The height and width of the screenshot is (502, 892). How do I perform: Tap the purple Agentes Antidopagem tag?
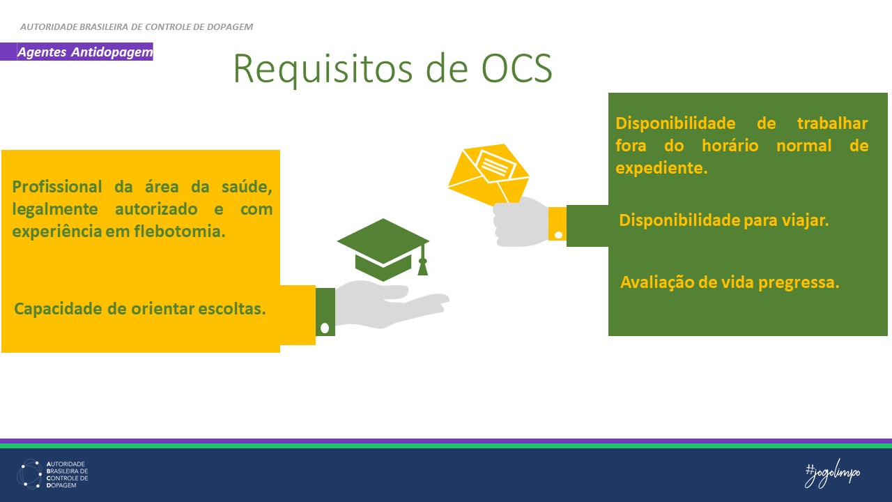(x=84, y=52)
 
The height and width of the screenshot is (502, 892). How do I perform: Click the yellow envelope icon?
(x=489, y=174)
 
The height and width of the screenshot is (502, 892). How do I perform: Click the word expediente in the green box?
(x=661, y=168)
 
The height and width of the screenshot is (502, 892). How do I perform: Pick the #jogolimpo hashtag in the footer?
(x=832, y=473)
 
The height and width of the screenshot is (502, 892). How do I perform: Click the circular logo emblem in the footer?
(x=29, y=474)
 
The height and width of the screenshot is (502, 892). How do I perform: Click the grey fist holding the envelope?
(x=520, y=222)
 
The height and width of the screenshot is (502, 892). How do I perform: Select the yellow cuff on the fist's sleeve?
(x=557, y=224)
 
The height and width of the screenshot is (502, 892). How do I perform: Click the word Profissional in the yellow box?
(x=57, y=187)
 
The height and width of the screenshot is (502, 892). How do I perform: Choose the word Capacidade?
(x=59, y=308)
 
